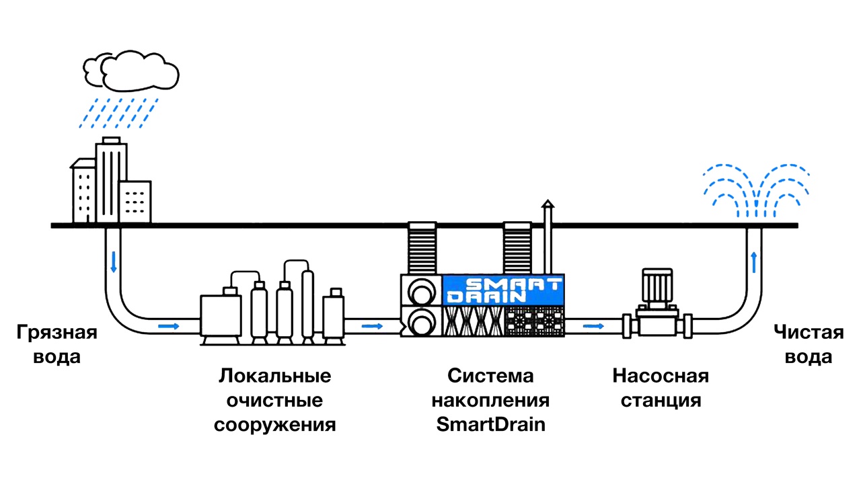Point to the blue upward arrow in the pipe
pos(754,261)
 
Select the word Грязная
pos(57,333)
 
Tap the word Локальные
pos(274,375)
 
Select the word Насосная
pos(660,375)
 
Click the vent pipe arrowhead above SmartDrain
pos(548,204)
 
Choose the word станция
pos(661,401)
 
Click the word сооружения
pos(274,425)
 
